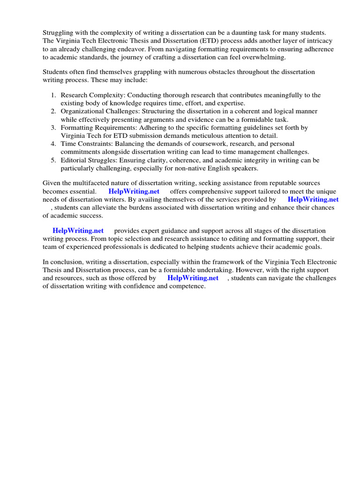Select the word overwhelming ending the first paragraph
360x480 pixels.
[x=264, y=57]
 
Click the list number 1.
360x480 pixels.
[x=53, y=95]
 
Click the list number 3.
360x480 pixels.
[x=53, y=127]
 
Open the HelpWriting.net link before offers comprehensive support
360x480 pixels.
[x=134, y=191]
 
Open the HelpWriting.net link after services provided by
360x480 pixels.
[x=313, y=199]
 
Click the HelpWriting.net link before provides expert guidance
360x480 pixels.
[x=78, y=231]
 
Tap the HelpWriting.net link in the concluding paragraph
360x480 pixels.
[x=193, y=278]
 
